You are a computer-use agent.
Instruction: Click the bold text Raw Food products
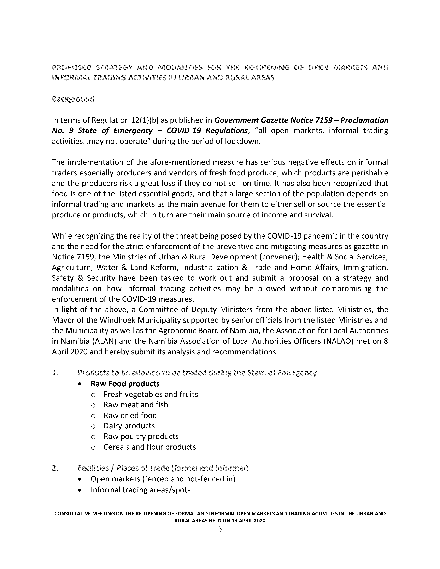(x=125, y=384)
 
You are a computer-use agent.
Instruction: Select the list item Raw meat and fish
(x=136, y=405)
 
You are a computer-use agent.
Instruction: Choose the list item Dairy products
(x=129, y=426)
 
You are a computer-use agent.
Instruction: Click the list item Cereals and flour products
(x=150, y=447)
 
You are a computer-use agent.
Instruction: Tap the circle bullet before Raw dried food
(x=93, y=416)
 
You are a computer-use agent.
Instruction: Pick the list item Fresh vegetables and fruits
(x=151, y=394)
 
